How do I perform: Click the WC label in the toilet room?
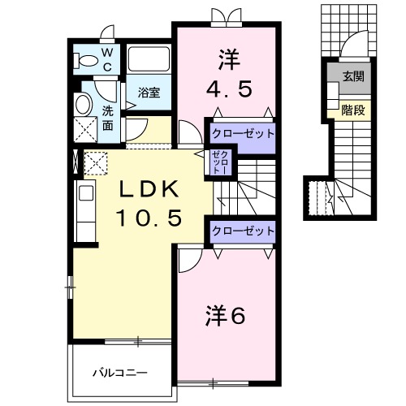click(106, 59)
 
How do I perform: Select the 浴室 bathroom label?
click(148, 93)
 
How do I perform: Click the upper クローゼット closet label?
click(241, 132)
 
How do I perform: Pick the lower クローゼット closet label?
click(241, 231)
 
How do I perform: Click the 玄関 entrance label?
click(352, 77)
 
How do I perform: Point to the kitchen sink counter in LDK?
click(85, 202)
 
